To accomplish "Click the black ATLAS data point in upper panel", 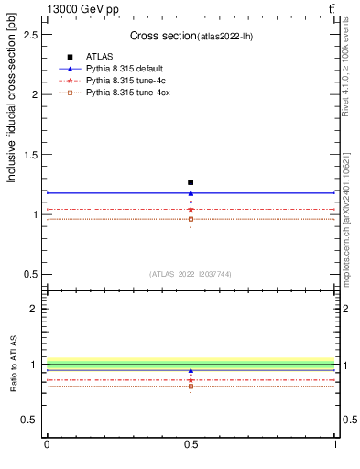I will click(191, 182).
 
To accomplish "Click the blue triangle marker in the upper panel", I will click(191, 193).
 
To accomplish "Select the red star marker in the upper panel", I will click(191, 210).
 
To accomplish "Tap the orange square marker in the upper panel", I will click(191, 219).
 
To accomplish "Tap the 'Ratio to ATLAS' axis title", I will click(12, 364).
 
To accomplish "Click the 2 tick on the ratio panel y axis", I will click(34, 309).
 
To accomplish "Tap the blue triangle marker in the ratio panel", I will click(191, 371).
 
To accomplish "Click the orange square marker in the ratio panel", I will click(191, 387).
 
